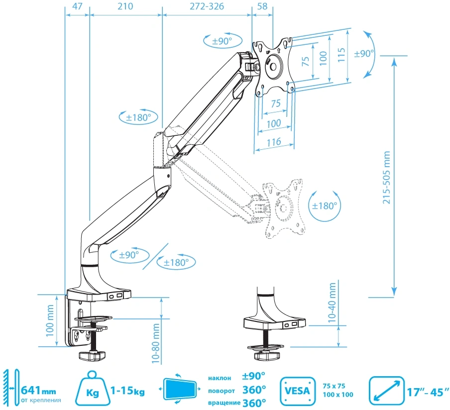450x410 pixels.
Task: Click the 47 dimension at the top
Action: [x=77, y=6]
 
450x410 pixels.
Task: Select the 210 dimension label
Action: [x=125, y=6]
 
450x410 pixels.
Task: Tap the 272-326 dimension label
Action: [x=207, y=6]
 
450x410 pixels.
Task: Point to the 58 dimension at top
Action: [x=262, y=6]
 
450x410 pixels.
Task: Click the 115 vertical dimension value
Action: [x=341, y=55]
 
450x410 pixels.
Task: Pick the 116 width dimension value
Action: [x=274, y=142]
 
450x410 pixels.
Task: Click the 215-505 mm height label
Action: [x=387, y=177]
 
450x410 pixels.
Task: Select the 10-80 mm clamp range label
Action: [x=155, y=343]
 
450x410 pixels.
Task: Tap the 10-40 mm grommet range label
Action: [x=332, y=303]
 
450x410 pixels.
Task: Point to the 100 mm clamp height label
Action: [x=50, y=320]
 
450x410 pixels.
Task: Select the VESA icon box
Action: [x=298, y=391]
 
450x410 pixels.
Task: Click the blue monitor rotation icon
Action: [x=180, y=389]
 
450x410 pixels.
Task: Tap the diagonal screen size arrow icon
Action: [x=386, y=391]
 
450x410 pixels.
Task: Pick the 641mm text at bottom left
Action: [x=38, y=391]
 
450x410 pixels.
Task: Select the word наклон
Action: [x=220, y=378]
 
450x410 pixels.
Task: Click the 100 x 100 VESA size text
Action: [x=338, y=395]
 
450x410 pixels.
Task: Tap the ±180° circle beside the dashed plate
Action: [x=325, y=205]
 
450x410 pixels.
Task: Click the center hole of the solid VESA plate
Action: [x=273, y=67]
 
